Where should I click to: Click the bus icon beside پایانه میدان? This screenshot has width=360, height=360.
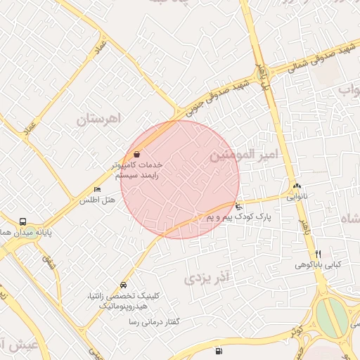click(x=23, y=222)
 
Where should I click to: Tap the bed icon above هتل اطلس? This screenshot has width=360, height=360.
click(x=97, y=190)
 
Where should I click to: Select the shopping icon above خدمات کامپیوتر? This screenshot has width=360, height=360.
click(x=136, y=154)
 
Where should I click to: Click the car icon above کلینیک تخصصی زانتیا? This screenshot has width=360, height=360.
click(x=124, y=285)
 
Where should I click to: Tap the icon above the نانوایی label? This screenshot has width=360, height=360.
click(x=296, y=186)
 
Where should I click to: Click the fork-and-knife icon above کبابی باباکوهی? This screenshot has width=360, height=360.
click(x=318, y=254)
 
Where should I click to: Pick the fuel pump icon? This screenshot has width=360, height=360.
click(x=219, y=350)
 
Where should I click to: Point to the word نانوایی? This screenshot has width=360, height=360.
click(x=296, y=197)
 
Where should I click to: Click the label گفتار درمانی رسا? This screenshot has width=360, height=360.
click(x=153, y=321)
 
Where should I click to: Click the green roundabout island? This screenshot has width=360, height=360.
click(x=333, y=317)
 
